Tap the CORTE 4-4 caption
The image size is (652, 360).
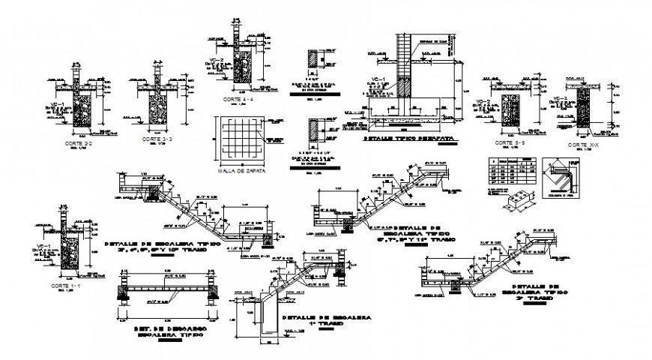tap(238, 99)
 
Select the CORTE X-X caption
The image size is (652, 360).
tap(582, 144)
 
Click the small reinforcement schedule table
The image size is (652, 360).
tap(509, 171)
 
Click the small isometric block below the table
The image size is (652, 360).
tap(521, 202)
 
